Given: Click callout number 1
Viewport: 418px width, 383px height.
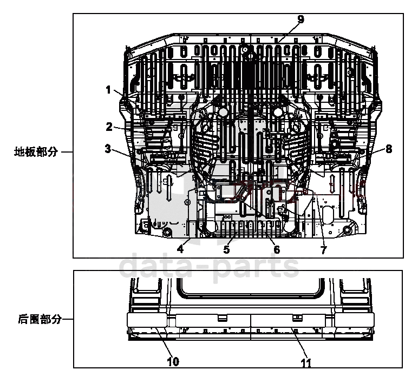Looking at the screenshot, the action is point(108,90).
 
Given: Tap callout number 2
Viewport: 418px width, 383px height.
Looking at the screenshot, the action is point(109,127).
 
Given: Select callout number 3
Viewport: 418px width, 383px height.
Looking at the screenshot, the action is point(108,149).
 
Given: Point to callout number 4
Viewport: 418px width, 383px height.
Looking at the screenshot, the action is point(180,249).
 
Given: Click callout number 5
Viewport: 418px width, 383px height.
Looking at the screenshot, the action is point(226,249).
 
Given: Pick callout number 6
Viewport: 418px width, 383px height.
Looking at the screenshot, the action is point(277,249).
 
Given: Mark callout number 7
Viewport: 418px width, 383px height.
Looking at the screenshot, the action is point(324,250).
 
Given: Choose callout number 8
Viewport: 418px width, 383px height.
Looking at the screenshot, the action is point(389,149).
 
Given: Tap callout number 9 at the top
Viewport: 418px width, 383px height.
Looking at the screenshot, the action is point(301,19).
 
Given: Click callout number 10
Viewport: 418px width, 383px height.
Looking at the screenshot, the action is point(173,361).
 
